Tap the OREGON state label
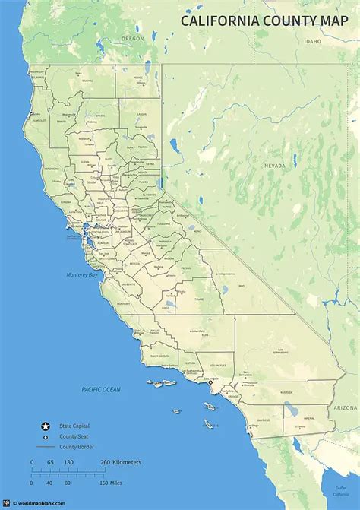click(x=133, y=38)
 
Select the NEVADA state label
click(x=274, y=165)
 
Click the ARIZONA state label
click(x=343, y=408)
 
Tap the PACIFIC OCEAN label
click(x=101, y=389)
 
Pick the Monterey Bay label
click(x=81, y=274)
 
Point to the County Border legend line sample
click(x=45, y=448)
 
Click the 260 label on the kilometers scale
click(x=104, y=463)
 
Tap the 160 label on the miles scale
click(x=104, y=483)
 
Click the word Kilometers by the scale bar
click(x=128, y=463)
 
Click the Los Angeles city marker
click(x=210, y=382)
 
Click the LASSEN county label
click(x=142, y=115)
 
